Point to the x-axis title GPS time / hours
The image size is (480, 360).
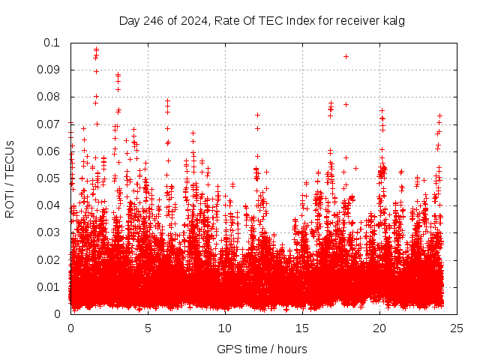(262, 349)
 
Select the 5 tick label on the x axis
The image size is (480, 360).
(148, 328)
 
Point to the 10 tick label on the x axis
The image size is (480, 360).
(225, 328)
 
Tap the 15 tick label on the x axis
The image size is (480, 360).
(302, 328)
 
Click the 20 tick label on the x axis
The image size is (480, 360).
(379, 328)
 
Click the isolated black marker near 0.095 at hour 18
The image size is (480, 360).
(346, 56)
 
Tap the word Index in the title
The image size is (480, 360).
(285, 20)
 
